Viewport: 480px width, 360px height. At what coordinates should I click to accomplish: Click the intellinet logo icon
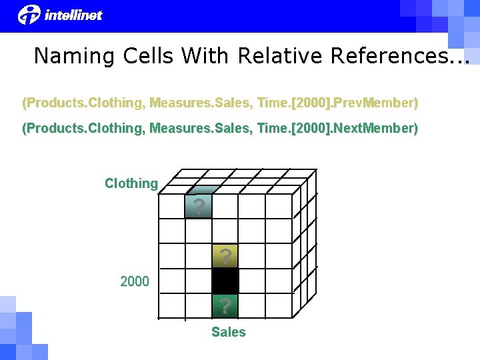(x=29, y=14)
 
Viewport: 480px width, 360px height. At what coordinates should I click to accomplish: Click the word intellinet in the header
(x=73, y=15)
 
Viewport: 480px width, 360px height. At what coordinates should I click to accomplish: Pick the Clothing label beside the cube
(x=131, y=183)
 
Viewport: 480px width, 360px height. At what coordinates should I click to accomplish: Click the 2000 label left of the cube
(x=135, y=281)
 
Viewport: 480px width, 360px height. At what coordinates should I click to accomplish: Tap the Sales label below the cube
(x=229, y=332)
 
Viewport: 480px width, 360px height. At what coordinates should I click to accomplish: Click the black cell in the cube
(x=225, y=281)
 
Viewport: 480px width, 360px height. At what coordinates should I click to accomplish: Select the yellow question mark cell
(x=225, y=256)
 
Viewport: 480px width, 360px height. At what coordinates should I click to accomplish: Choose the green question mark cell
(x=225, y=305)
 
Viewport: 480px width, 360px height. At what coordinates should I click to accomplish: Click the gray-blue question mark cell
(x=199, y=206)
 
